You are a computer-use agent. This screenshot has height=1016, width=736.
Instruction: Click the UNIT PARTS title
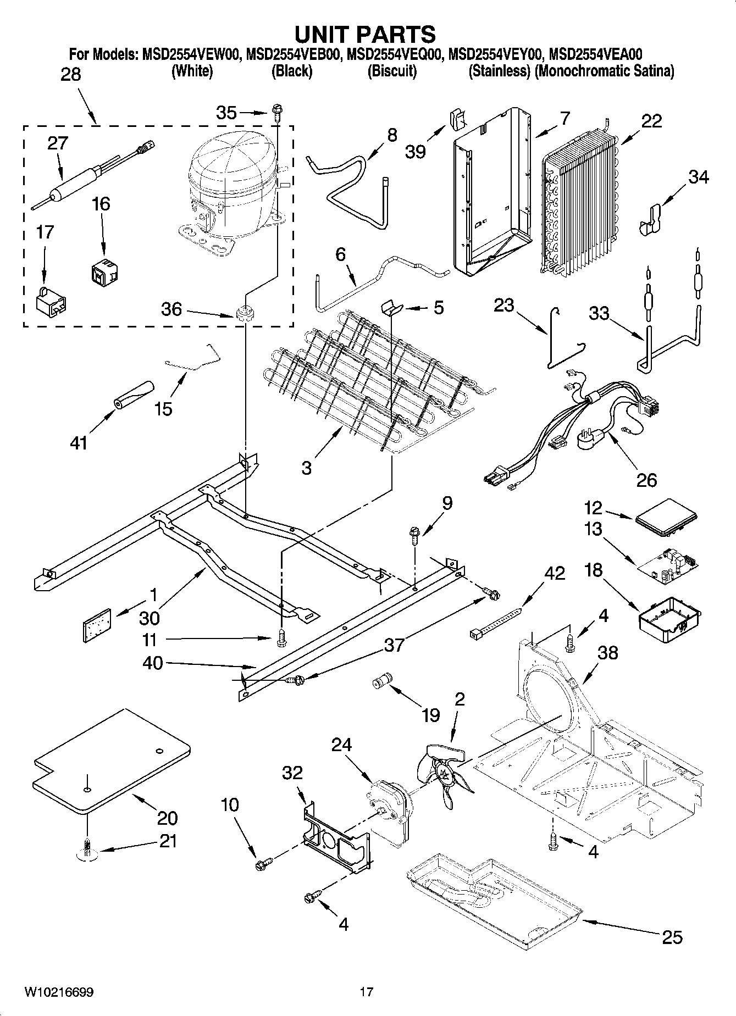[x=365, y=34]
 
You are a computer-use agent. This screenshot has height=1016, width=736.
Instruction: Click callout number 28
[x=70, y=74]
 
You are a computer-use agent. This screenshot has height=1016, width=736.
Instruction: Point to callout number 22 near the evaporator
[x=651, y=121]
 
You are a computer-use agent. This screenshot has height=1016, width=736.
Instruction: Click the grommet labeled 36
[x=244, y=315]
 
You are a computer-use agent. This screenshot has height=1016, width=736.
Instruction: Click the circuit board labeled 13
[x=669, y=566]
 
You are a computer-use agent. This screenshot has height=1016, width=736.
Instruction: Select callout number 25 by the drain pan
[x=672, y=936]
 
